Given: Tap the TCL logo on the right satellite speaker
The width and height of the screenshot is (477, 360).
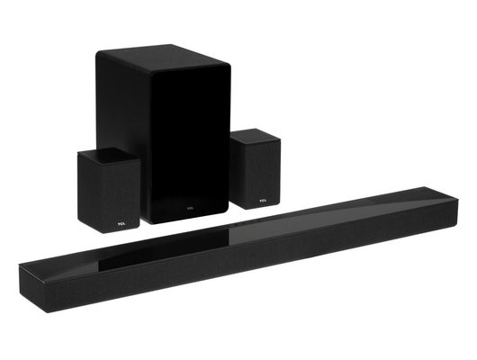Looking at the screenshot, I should pyautogui.click(x=262, y=202).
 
